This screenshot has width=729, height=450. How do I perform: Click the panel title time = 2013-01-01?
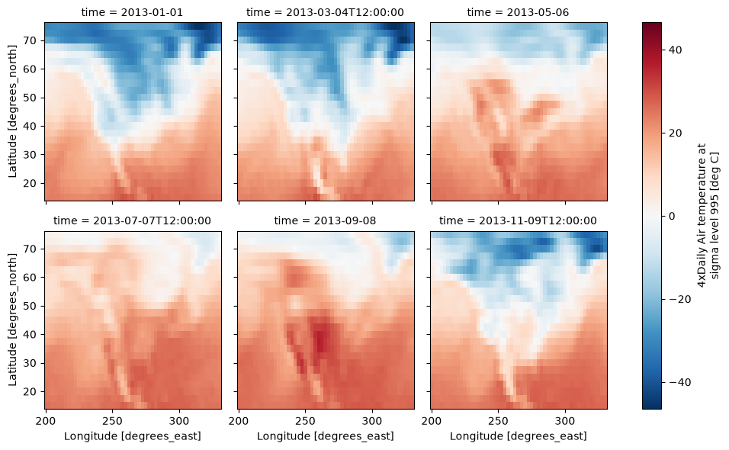point(132,12)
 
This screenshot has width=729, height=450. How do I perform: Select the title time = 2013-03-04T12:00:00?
point(325,12)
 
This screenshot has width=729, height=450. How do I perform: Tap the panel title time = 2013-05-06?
point(518,12)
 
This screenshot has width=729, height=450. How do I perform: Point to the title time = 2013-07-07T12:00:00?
point(132,221)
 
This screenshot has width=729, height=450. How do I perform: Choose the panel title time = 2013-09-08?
point(325,221)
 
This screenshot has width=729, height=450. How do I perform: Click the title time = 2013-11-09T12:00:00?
point(518,221)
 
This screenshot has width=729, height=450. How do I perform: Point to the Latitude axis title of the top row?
point(12,111)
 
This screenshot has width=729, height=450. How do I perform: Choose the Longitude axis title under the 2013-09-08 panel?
point(326,436)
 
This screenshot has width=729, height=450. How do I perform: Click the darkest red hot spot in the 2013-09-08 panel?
point(320,343)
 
